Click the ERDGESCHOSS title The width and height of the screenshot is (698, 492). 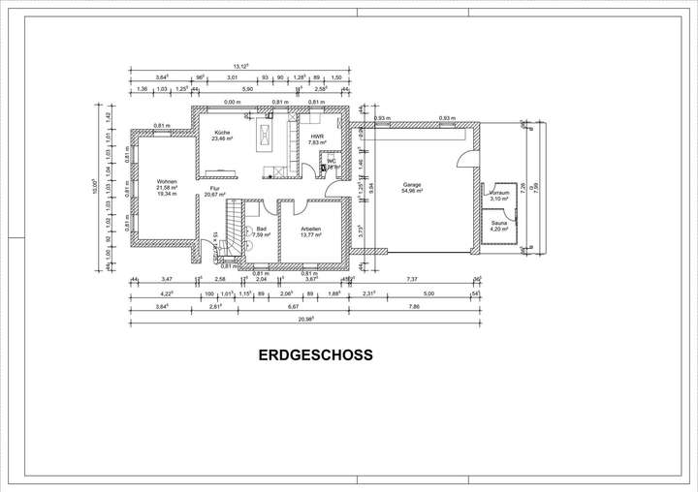pos(315,355)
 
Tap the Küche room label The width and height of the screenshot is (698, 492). pos(222,132)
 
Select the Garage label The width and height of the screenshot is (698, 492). pos(413,184)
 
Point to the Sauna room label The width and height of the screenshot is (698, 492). pos(499,223)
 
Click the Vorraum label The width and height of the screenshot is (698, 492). pos(499,192)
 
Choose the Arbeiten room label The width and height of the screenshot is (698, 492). pos(311,229)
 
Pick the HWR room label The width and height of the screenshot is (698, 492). pos(317,137)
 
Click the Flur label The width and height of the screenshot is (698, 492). pos(214,188)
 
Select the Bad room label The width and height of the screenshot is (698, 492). pos(261,229)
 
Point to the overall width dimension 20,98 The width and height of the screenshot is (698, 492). pos(306,318)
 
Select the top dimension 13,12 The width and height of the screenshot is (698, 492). pos(238,67)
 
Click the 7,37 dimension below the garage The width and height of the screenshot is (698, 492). pos(411,279)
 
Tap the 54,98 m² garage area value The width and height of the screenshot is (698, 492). pos(413,191)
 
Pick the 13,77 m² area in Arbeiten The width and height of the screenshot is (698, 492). pos(311,235)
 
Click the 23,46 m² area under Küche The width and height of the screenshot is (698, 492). pos(222,138)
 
